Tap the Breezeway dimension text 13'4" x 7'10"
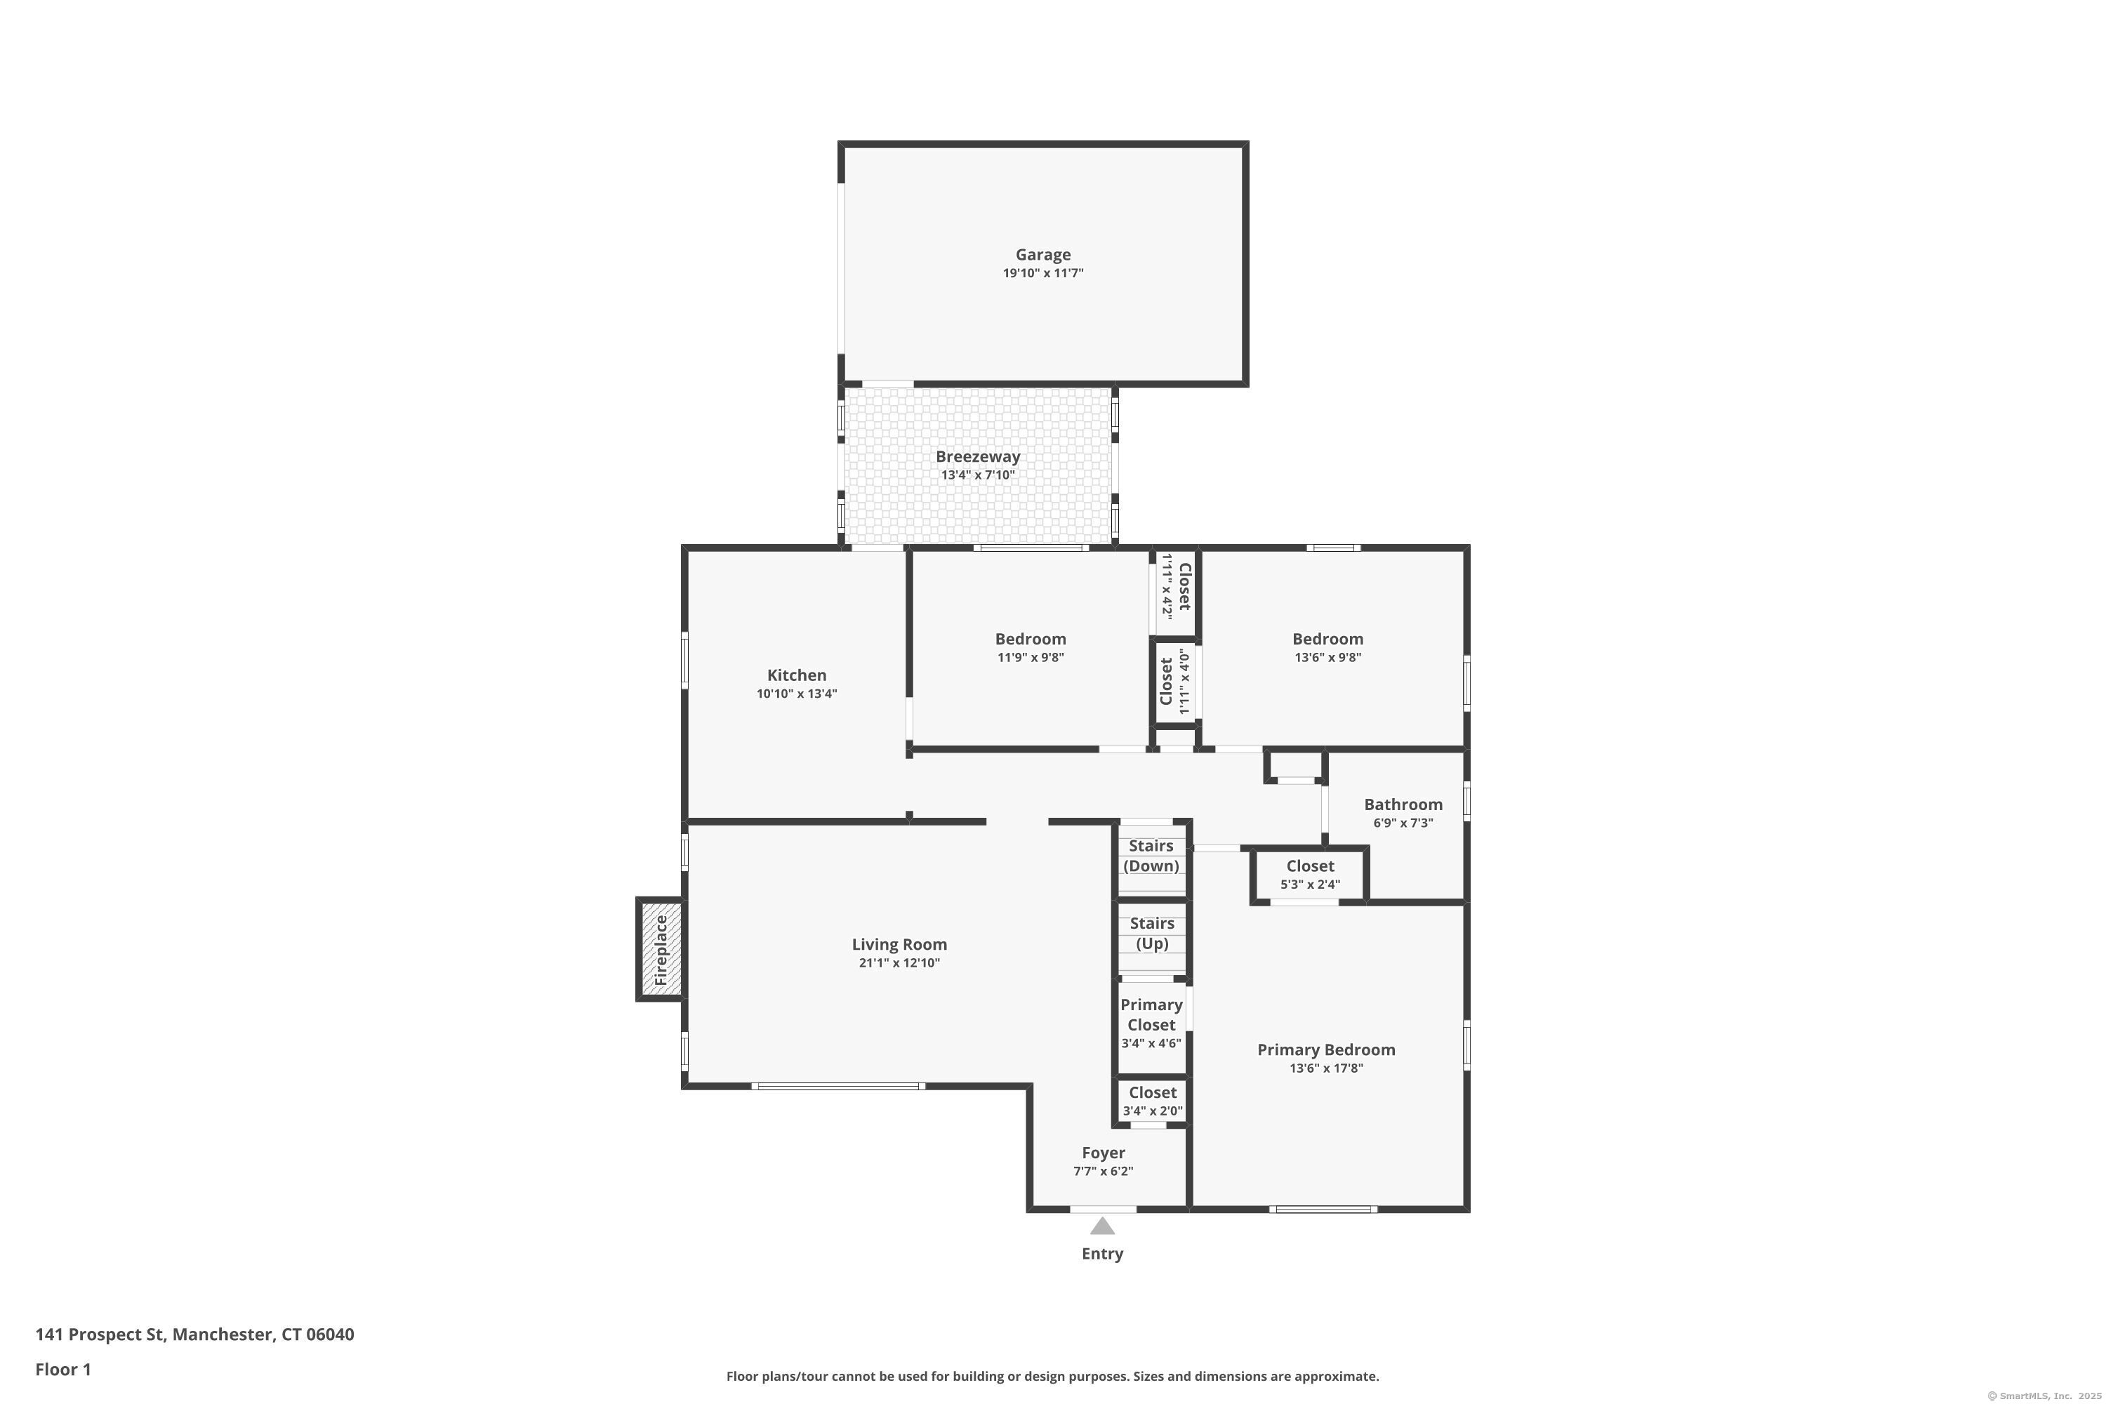[978, 475]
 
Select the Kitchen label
[796, 675]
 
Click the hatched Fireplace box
[661, 950]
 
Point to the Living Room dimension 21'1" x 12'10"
[899, 963]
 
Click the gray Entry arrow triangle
[1102, 1226]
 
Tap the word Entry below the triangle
[1102, 1254]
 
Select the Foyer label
[1103, 1153]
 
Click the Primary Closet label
[1151, 1014]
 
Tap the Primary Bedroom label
[1326, 1049]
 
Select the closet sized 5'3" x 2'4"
[1310, 875]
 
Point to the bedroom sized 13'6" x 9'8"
[1328, 647]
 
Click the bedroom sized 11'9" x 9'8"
[1031, 647]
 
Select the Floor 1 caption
[62, 1369]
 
